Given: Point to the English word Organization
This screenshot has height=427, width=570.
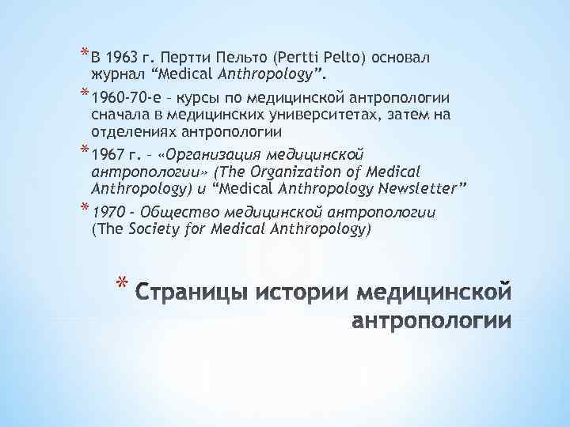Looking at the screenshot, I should [310, 172].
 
